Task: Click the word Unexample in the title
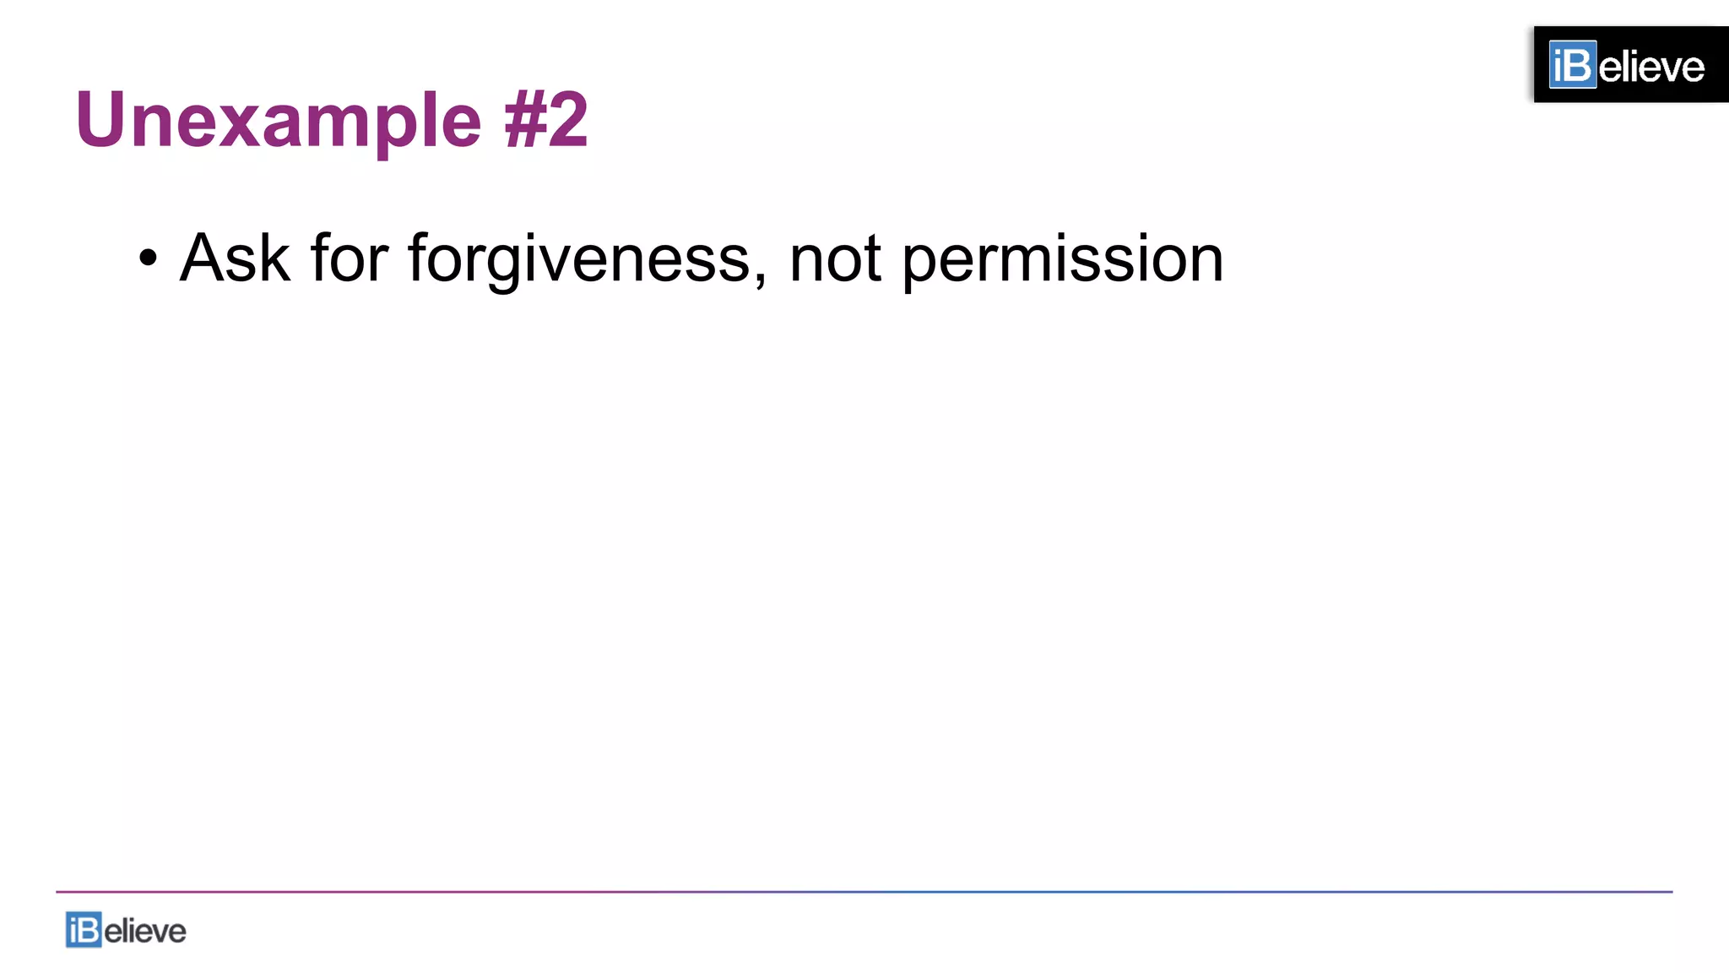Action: click(278, 121)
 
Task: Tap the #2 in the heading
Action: click(545, 120)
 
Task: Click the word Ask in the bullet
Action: click(235, 258)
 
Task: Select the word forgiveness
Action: click(579, 258)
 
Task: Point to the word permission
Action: click(1062, 258)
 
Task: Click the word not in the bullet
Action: click(836, 258)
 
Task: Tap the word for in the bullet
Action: click(350, 258)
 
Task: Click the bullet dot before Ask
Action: click(148, 258)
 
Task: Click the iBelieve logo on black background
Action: click(1630, 65)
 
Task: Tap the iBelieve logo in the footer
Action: click(126, 930)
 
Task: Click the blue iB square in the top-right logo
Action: click(1572, 65)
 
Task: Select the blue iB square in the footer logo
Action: click(84, 930)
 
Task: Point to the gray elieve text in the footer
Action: click(144, 932)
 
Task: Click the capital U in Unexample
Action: click(100, 120)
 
